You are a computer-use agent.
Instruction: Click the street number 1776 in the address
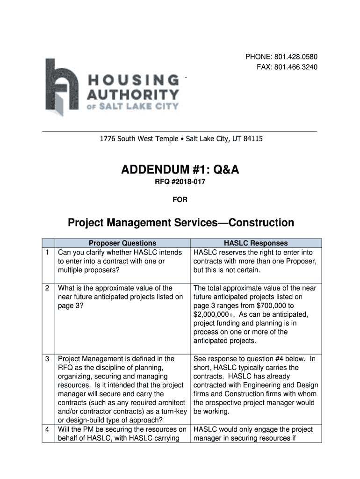point(107,139)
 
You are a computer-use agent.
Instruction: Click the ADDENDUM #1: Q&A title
point(180,170)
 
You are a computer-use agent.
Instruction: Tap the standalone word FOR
point(180,199)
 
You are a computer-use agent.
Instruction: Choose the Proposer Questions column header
point(122,243)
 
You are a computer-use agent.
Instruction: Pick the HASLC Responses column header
point(256,243)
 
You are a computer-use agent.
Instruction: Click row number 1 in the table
point(48,253)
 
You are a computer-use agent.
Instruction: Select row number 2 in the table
point(48,288)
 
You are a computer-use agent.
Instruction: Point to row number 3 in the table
point(48,359)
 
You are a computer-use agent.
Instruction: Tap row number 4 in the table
point(48,429)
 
